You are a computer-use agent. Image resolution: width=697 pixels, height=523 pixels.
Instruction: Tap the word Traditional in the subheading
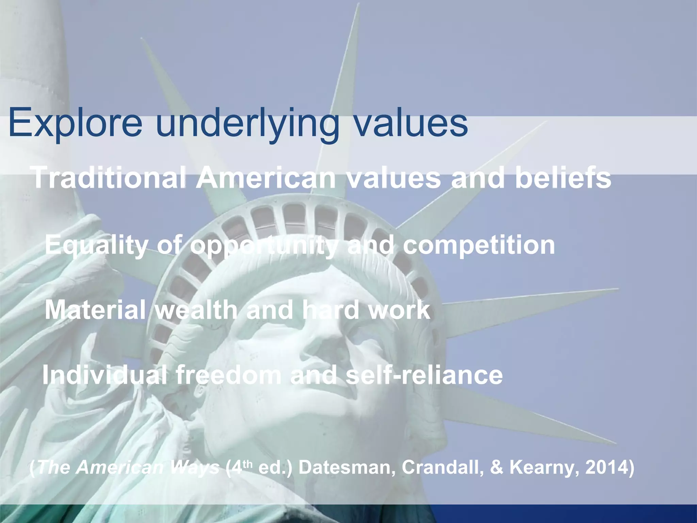(x=109, y=178)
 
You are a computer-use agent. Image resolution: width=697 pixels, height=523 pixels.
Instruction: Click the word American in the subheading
(x=265, y=178)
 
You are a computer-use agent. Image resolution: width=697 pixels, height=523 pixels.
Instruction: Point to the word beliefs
(x=563, y=178)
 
